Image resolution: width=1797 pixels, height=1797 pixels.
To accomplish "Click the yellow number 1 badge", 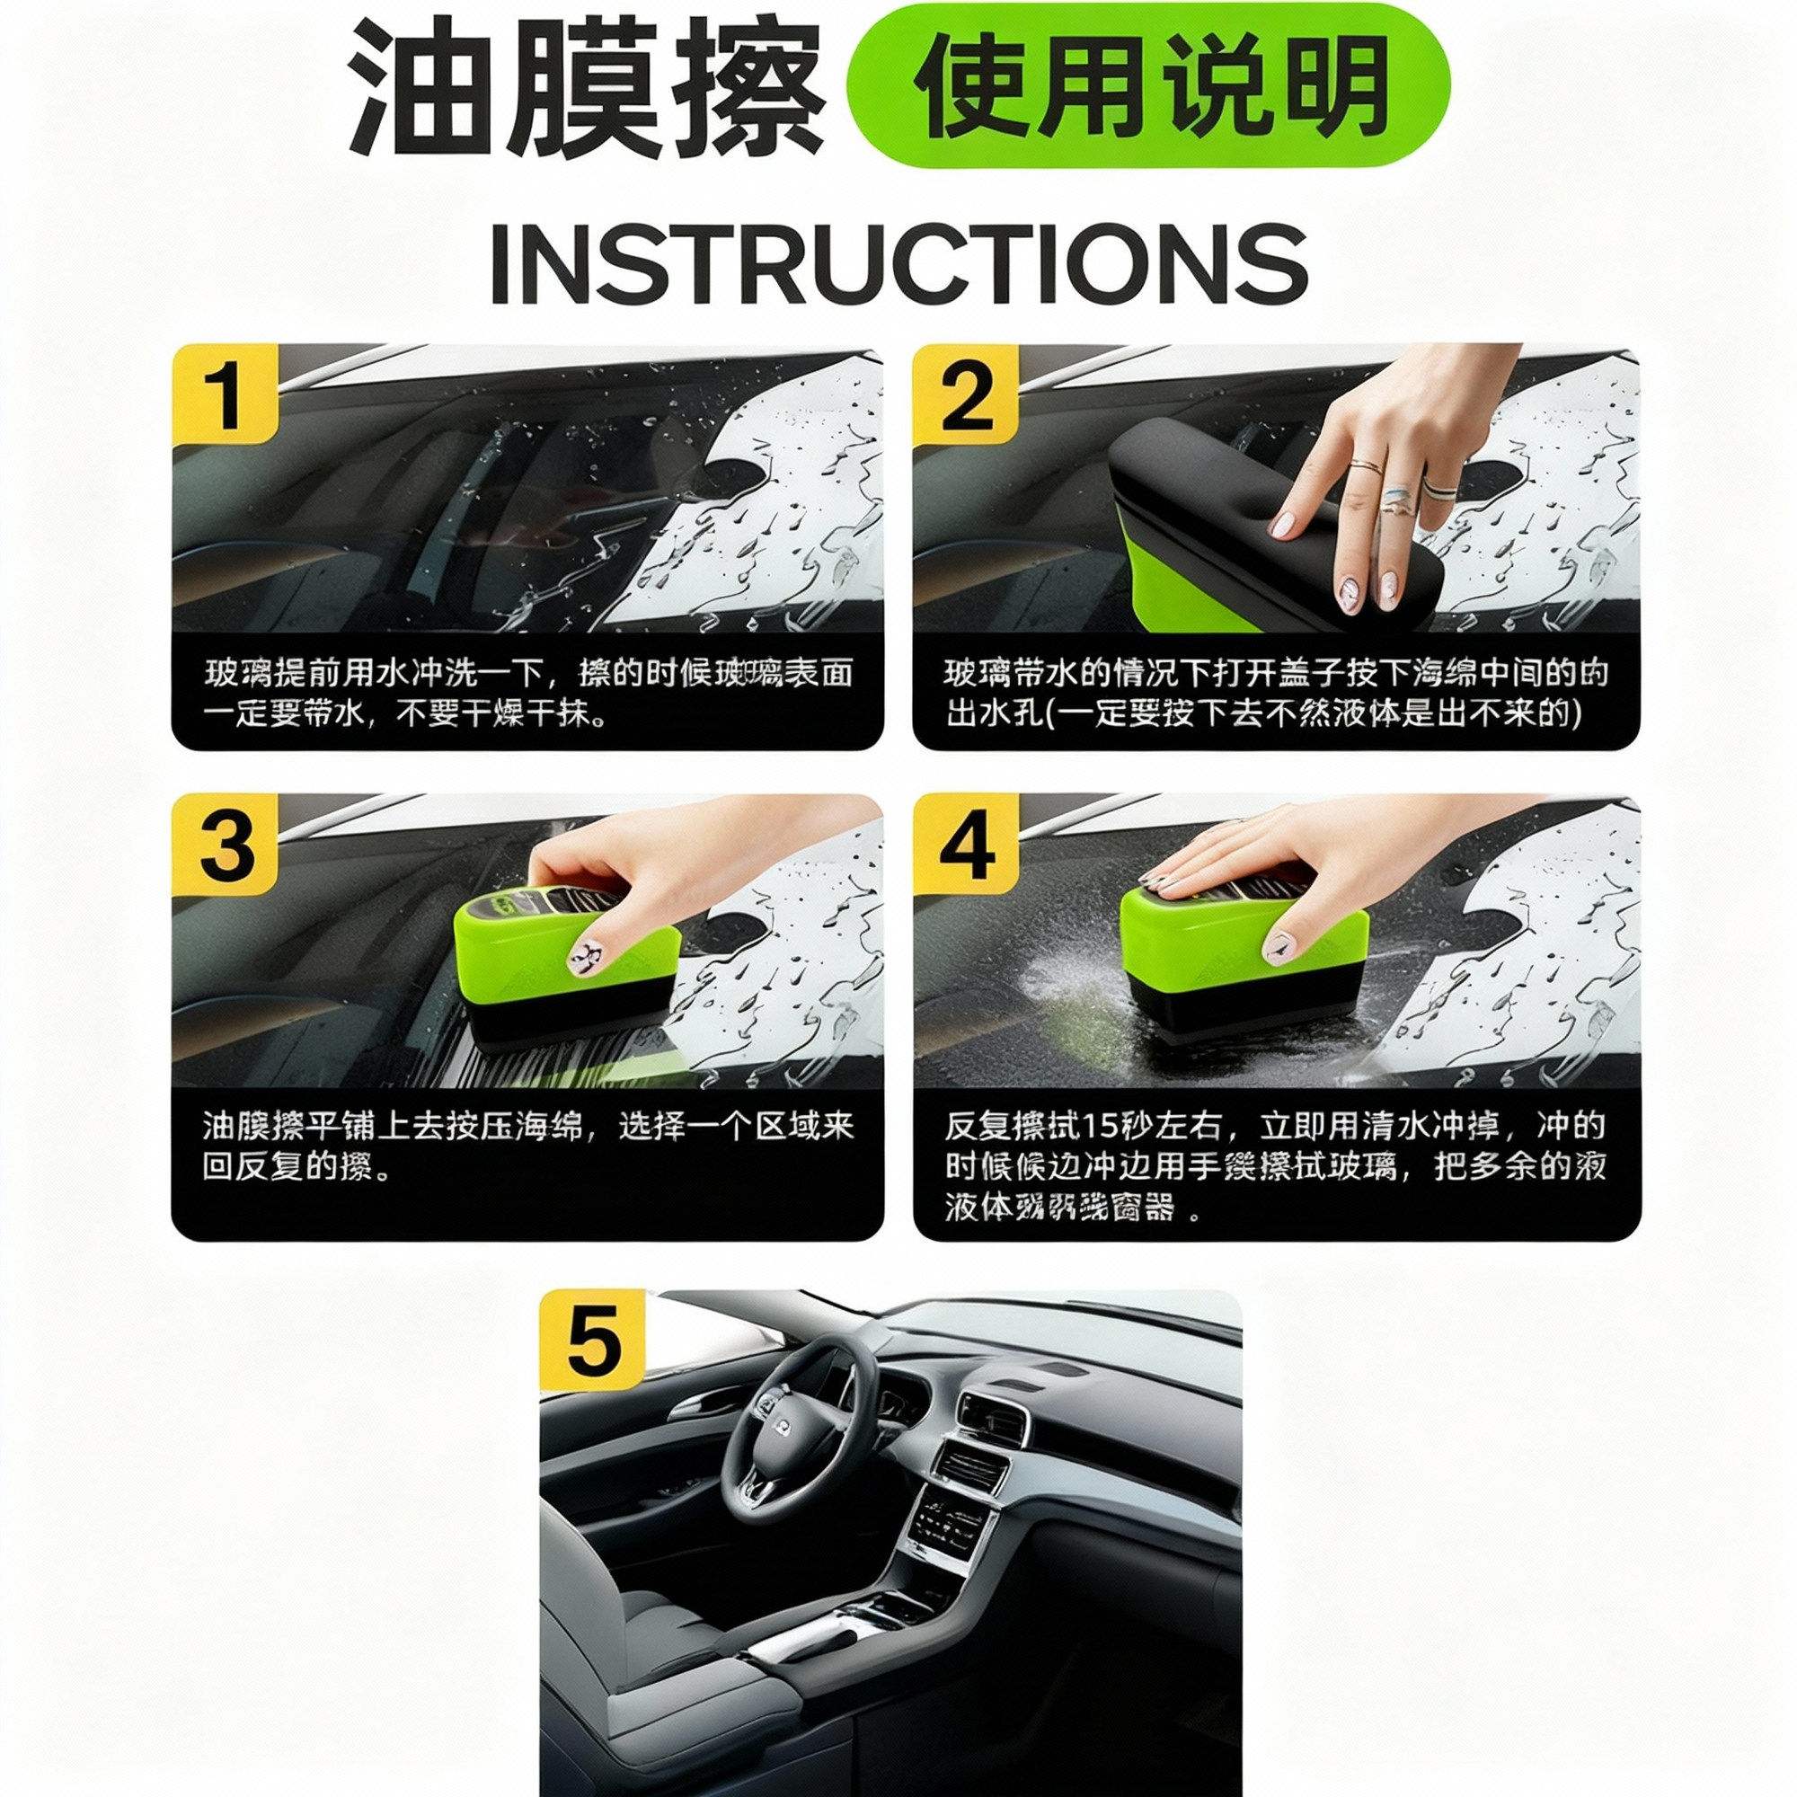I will coord(226,394).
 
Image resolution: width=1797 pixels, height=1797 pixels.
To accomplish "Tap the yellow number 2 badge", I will coord(966,394).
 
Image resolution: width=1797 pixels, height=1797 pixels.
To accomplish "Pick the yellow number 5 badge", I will coord(592,1341).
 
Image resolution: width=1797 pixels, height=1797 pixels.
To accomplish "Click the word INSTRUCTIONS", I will coord(898,263).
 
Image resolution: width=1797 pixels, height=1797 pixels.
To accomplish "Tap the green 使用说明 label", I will coord(1148,86).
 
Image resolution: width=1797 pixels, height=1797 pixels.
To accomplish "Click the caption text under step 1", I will coord(527,693).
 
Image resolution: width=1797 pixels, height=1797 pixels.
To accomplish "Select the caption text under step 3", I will coord(527,1146).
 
